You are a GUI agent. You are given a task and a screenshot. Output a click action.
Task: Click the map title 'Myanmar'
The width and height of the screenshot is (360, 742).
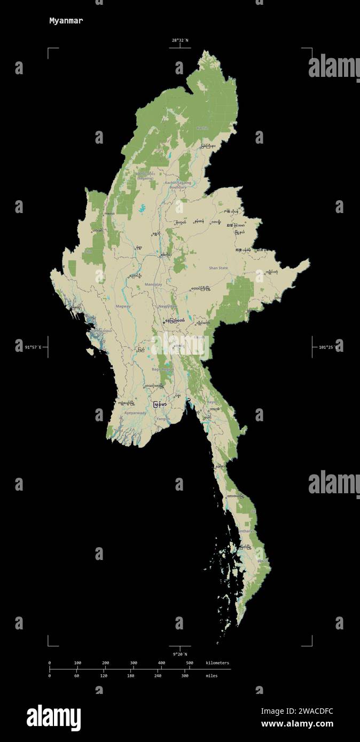click(x=66, y=21)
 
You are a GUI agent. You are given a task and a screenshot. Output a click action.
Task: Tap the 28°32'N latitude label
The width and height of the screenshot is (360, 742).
click(x=180, y=41)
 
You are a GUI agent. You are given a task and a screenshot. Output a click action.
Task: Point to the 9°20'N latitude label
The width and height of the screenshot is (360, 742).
click(x=180, y=654)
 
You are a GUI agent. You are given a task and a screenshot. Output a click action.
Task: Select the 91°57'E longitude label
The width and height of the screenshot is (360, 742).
click(x=33, y=348)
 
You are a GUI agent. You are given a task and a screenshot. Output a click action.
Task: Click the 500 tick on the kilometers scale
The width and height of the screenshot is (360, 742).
click(x=189, y=663)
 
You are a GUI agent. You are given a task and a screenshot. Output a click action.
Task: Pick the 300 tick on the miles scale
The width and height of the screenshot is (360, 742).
click(x=185, y=676)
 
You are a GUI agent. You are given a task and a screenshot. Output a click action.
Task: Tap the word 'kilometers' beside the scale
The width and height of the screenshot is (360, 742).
click(x=217, y=663)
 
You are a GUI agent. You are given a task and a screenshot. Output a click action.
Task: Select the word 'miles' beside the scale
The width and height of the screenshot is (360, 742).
click(x=212, y=676)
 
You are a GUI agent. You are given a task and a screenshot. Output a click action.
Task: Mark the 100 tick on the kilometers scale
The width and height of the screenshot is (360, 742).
click(x=77, y=663)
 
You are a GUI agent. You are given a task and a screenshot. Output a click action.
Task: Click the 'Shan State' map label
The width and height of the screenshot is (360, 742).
click(x=218, y=268)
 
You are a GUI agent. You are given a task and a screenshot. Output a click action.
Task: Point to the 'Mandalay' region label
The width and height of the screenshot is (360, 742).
click(x=153, y=285)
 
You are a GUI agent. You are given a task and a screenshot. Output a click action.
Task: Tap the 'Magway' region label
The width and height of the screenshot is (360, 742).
click(x=123, y=306)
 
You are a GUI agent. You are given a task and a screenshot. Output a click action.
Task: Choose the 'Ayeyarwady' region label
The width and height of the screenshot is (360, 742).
click(x=135, y=413)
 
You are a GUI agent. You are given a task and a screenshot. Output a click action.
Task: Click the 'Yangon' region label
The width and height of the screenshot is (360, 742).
click(x=163, y=419)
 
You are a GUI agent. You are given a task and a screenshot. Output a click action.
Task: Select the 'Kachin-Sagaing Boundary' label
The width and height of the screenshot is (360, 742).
click(x=178, y=185)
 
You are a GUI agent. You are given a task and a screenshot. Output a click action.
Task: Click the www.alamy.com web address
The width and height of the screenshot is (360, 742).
click(x=297, y=724)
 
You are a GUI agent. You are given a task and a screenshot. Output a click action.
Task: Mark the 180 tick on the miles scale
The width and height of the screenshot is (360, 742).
click(x=130, y=676)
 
